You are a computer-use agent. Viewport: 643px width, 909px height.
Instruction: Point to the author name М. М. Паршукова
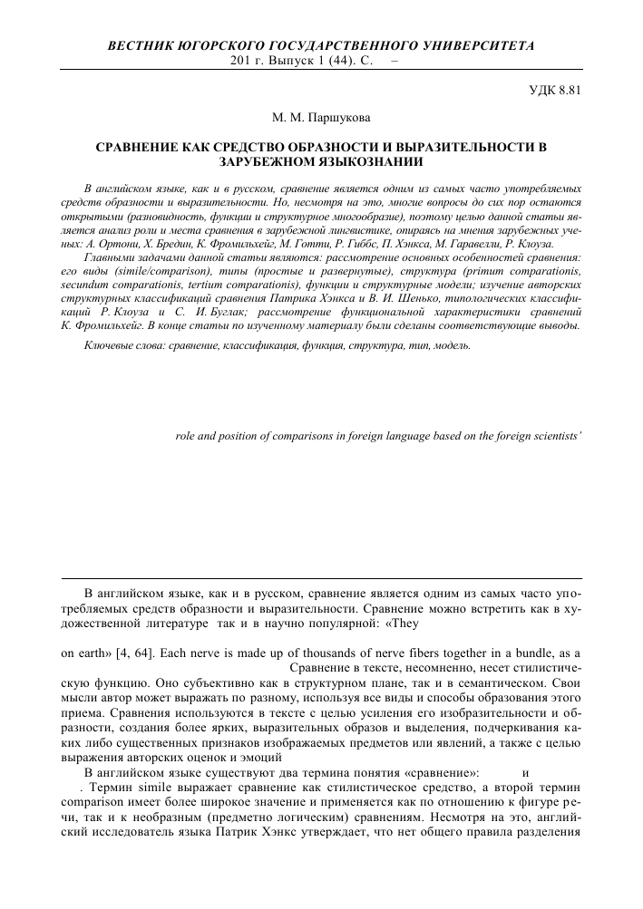321,117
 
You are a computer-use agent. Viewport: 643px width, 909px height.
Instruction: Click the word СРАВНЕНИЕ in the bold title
144,144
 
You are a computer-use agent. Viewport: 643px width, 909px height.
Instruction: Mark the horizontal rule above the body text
321,576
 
